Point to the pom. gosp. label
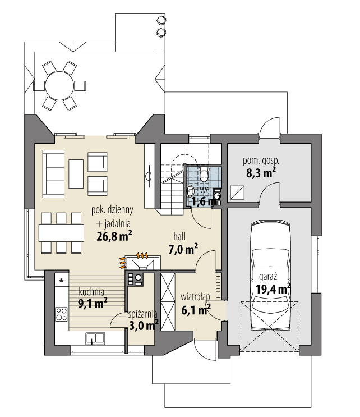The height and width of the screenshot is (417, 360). (261, 161)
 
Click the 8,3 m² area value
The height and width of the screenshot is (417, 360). (261, 173)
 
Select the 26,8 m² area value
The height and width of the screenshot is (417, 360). (114, 235)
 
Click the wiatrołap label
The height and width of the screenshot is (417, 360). (195, 296)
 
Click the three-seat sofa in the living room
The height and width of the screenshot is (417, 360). (54, 173)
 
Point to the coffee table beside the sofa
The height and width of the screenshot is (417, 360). (77, 173)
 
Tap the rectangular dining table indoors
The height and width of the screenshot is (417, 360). (62, 232)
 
